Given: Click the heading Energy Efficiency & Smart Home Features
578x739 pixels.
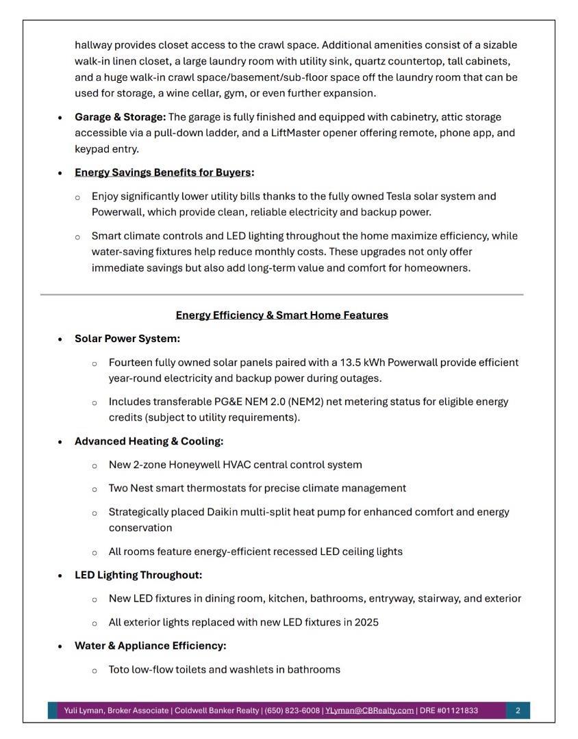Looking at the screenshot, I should (281, 315).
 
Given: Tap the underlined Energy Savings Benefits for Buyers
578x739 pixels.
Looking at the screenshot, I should (163, 172).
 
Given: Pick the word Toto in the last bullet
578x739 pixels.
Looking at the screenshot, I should (120, 669).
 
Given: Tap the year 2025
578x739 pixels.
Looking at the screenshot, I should (366, 623).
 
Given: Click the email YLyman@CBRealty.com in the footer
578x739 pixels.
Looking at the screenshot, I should (369, 711).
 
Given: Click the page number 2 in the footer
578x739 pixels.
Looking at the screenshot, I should (518, 711).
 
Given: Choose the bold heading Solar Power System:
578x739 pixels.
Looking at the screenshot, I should (127, 339).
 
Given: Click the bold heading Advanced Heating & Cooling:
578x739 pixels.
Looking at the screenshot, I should (149, 441).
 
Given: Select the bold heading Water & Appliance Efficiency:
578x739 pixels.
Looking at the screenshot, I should (150, 646).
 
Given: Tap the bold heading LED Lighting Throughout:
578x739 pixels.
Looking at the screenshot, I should (138, 575).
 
